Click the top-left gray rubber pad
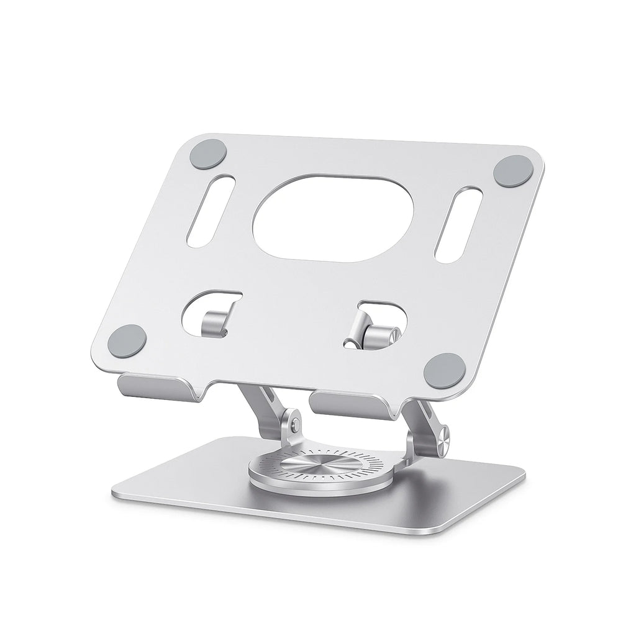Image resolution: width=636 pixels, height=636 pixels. click(x=208, y=153)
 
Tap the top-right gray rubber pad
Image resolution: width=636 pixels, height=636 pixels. click(x=512, y=171)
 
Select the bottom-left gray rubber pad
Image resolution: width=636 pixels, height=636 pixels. click(x=127, y=340)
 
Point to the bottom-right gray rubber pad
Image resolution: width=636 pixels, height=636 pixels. click(x=445, y=370)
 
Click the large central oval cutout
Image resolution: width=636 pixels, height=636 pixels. click(x=333, y=218)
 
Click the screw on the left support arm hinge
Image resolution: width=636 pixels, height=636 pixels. click(x=292, y=424)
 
